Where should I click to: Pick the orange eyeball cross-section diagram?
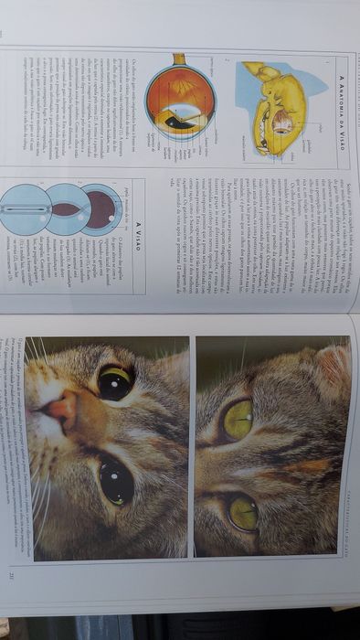click(x=182, y=101)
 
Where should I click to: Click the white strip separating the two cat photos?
click(x=193, y=448)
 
